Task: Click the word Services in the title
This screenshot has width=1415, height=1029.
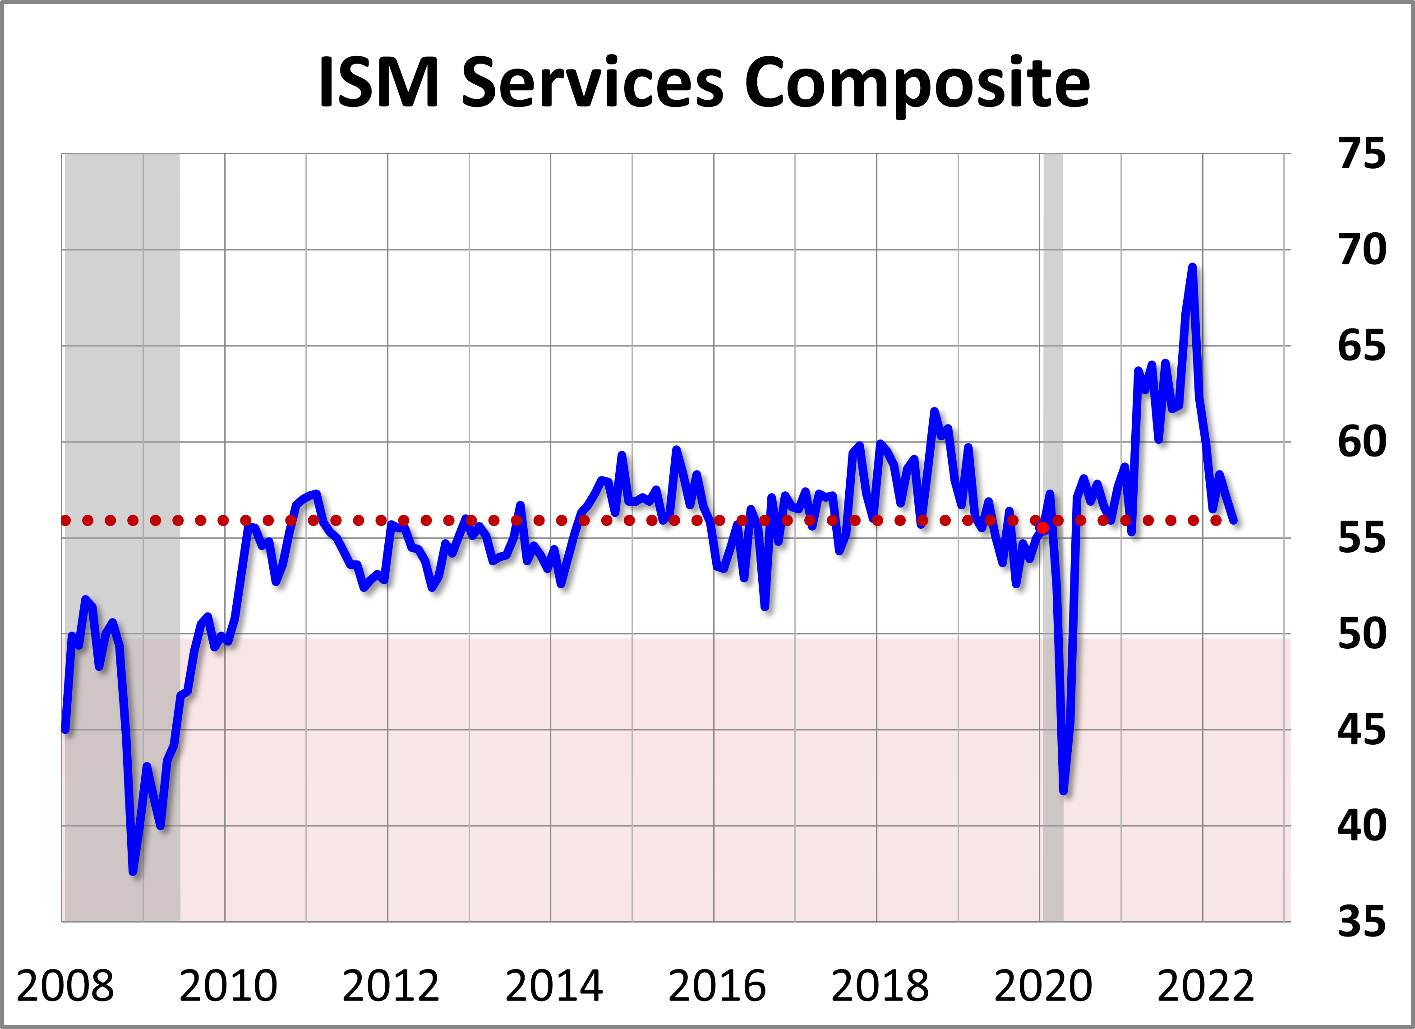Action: point(592,83)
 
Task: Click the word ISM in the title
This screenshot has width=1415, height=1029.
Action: point(379,83)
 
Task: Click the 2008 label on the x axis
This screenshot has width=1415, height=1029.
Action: point(65,986)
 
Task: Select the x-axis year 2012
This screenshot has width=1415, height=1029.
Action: point(391,986)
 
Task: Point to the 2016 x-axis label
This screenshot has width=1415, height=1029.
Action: point(716,986)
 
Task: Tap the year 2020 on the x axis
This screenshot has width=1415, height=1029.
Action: point(1042,986)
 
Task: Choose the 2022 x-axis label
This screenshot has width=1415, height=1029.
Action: point(1205,986)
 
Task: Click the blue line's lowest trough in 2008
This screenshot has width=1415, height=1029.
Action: point(134,871)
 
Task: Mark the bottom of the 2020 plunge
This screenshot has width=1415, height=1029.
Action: point(1064,791)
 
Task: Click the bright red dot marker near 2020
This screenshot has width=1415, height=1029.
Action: point(1042,528)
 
